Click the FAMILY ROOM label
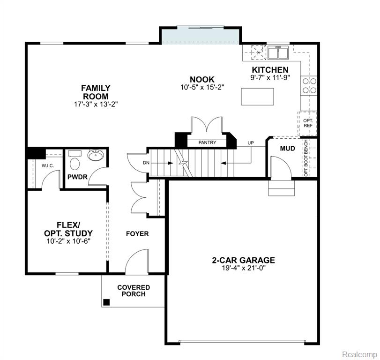96,92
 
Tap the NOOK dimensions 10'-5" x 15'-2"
202,87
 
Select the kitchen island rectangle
257,97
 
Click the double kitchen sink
278,52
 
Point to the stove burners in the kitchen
309,86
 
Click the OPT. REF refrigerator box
308,123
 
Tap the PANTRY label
207,142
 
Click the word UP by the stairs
251,143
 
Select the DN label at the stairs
146,163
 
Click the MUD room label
287,149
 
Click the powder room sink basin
96,155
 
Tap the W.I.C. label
47,166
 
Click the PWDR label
77,177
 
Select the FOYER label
137,234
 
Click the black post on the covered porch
106,302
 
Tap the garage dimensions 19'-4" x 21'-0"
244,268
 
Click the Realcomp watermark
359,354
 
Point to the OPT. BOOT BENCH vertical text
306,158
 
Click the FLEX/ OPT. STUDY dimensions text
68,241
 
